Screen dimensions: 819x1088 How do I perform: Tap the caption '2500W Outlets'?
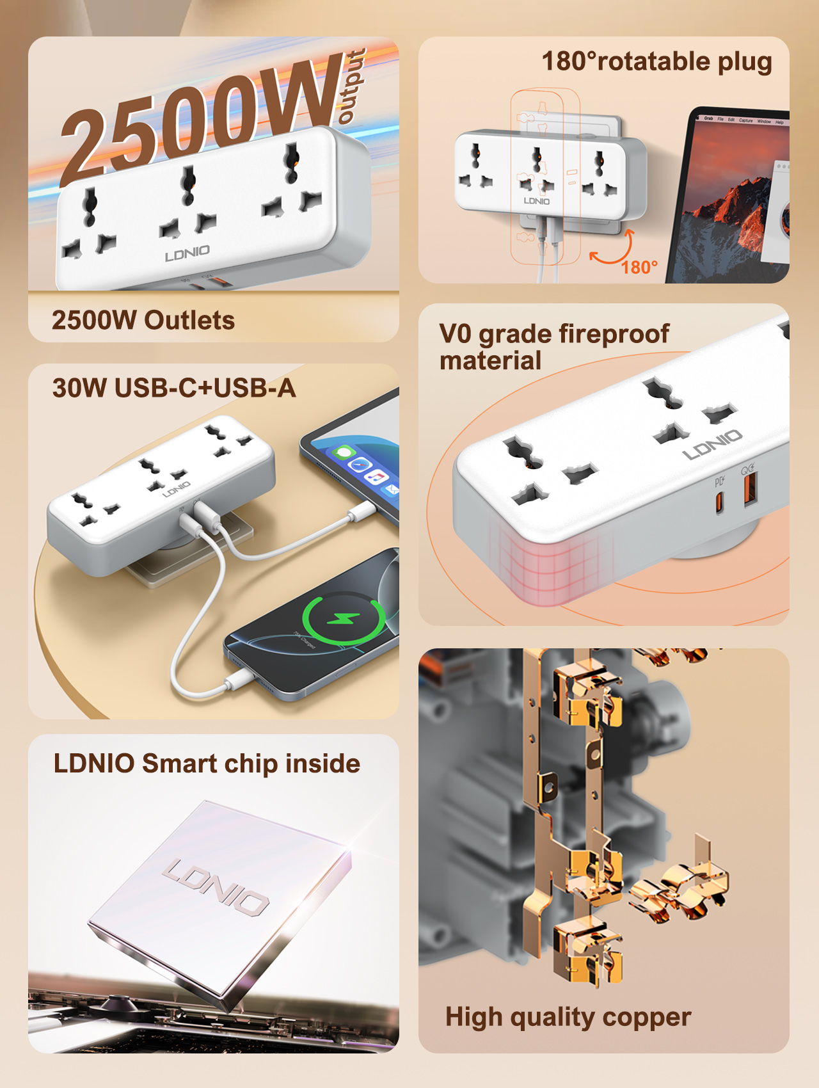click(143, 320)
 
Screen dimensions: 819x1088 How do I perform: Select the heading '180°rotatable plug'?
click(657, 62)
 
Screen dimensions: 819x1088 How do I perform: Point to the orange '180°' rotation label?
click(639, 267)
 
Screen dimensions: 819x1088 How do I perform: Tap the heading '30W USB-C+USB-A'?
click(174, 388)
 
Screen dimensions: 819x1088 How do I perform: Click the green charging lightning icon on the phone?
click(344, 619)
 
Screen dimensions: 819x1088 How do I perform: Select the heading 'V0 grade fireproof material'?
click(554, 347)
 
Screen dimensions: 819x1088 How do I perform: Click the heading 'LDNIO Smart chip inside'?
click(207, 764)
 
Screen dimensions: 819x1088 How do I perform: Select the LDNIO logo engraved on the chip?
click(216, 886)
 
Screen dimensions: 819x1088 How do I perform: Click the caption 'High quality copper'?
click(568, 1018)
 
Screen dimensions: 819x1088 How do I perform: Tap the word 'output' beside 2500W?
click(352, 86)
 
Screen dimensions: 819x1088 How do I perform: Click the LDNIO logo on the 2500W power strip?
click(187, 253)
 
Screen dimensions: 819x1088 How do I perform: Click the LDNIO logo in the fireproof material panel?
click(713, 444)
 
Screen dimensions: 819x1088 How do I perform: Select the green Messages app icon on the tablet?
click(344, 453)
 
